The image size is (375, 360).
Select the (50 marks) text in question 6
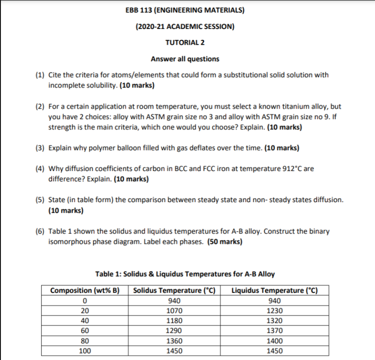pos(224,241)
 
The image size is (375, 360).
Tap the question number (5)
pos(41,200)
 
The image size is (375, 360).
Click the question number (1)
pos(41,75)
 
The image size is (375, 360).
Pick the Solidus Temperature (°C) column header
pos(174,290)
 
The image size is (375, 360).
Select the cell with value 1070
pos(174,311)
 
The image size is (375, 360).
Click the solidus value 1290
pos(174,331)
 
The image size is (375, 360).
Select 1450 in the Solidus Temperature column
pos(174,351)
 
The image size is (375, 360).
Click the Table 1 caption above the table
pos(185,274)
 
